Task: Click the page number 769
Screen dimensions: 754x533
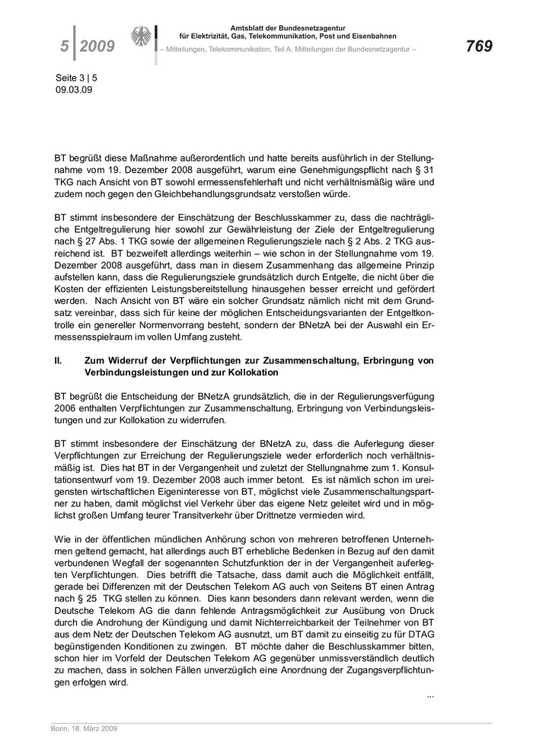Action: tap(480, 46)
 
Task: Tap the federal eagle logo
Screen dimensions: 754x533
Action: tap(141, 37)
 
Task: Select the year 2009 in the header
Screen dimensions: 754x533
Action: tap(97, 47)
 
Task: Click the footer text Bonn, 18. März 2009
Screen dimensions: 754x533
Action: tap(78, 728)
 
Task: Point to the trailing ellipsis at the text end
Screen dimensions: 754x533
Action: tap(430, 695)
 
